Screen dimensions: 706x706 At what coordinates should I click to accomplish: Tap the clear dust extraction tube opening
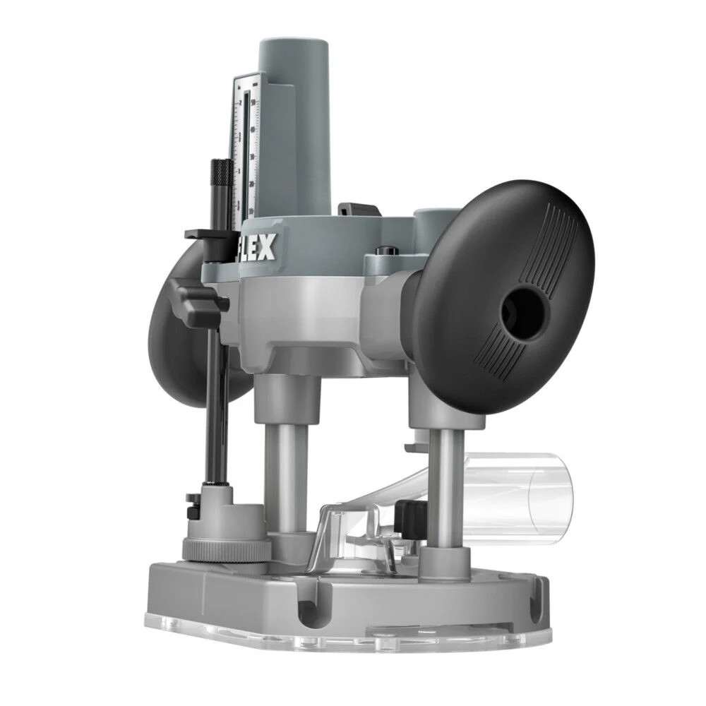547,488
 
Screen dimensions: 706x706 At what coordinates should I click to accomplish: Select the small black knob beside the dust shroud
408,519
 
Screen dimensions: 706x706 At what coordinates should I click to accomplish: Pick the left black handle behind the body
169,346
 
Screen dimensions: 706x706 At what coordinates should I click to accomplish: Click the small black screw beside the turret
190,503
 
